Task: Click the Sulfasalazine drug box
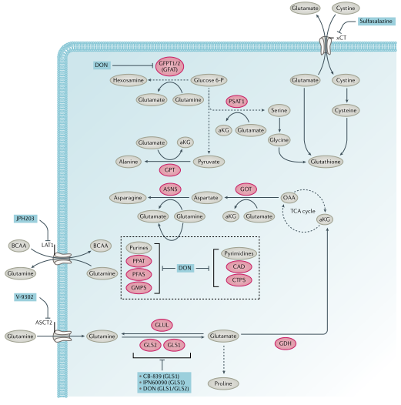tap(376, 22)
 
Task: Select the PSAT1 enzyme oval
tap(236, 102)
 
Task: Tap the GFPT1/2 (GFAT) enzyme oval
tap(169, 66)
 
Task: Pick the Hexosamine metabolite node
tap(129, 80)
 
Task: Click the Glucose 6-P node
tap(209, 80)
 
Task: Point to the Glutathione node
tap(326, 162)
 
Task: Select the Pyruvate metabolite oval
tap(209, 162)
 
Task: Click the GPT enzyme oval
tap(169, 170)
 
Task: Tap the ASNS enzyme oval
tap(170, 189)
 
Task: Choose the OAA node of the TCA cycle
tap(289, 198)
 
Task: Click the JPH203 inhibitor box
tap(25, 219)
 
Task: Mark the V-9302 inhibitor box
tap(25, 297)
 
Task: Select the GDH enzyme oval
tap(285, 343)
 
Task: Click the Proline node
tap(223, 383)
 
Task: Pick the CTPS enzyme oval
tap(239, 280)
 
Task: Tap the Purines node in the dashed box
tap(139, 248)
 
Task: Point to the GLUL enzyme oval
tap(162, 325)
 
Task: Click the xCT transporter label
tap(341, 38)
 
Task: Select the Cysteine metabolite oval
tap(346, 111)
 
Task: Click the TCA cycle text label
tap(302, 211)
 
